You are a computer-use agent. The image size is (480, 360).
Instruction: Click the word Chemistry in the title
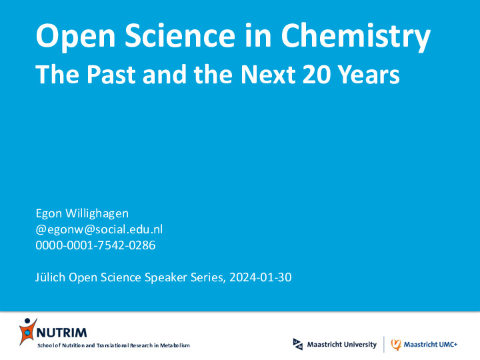356,36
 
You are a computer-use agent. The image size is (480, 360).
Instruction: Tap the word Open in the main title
75,37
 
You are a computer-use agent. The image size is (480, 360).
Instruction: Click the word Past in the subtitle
111,74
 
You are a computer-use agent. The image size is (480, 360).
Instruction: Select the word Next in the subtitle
268,74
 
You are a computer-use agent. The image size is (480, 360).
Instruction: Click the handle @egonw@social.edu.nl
99,229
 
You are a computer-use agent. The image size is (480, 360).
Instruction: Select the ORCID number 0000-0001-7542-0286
95,245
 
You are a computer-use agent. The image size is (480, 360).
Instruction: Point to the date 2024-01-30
261,277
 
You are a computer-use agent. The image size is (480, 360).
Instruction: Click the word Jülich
50,277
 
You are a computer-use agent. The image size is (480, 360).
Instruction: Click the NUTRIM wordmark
62,333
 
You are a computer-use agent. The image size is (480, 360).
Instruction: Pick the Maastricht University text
341,345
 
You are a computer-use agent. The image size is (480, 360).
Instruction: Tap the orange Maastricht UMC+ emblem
396,345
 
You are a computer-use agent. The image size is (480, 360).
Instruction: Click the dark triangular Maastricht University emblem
298,344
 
